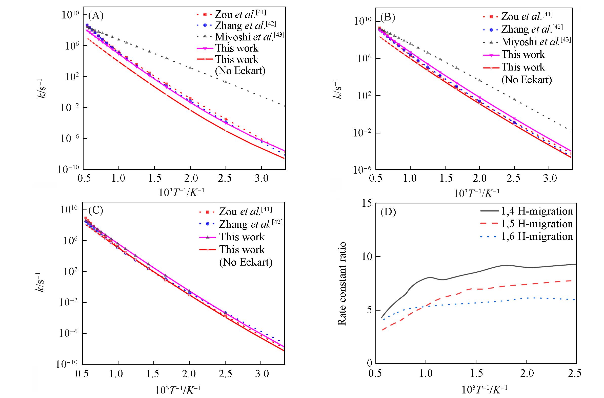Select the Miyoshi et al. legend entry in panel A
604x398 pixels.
point(240,37)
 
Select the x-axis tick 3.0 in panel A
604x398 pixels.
point(261,179)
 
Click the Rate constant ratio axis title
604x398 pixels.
point(342,284)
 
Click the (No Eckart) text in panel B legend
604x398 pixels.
point(527,80)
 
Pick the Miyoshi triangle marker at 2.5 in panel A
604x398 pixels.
point(226,82)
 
